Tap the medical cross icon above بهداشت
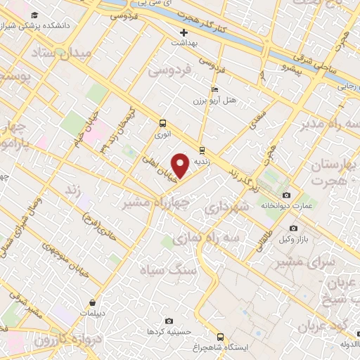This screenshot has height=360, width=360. [184, 32]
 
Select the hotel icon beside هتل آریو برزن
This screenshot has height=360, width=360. [214, 89]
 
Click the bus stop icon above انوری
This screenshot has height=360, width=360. [163, 120]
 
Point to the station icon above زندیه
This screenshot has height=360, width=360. [202, 149]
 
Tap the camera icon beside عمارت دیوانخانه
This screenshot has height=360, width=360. [286, 195]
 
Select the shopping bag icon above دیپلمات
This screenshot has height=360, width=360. [92, 302]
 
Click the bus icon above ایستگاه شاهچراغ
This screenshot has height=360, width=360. [220, 336]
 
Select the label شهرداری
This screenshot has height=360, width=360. [226, 208]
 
